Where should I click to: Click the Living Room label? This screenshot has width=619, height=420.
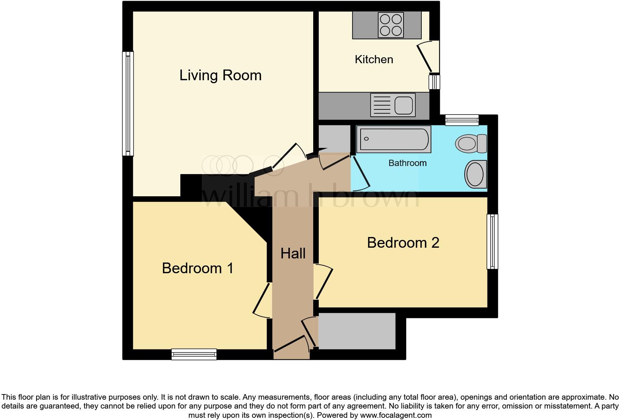220,75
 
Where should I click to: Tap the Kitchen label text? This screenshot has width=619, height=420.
374,60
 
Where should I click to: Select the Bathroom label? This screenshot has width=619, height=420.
407,163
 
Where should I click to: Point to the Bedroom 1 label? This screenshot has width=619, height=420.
198,268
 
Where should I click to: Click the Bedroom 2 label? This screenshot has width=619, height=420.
403,243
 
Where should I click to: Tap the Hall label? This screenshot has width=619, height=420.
293,254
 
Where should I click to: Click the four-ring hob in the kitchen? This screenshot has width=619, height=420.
391,25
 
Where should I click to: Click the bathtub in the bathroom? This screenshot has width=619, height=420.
394,139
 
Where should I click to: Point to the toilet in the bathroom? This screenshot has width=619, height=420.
471,143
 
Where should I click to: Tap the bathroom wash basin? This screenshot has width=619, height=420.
475,174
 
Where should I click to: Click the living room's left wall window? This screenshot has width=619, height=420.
128,103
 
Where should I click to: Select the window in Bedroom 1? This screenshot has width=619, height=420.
194,354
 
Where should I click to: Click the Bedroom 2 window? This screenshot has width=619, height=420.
492,242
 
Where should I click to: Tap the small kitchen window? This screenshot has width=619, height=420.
434,82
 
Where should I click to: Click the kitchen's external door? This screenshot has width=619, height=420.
426,57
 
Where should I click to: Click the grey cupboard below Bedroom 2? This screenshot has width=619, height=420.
357,331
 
